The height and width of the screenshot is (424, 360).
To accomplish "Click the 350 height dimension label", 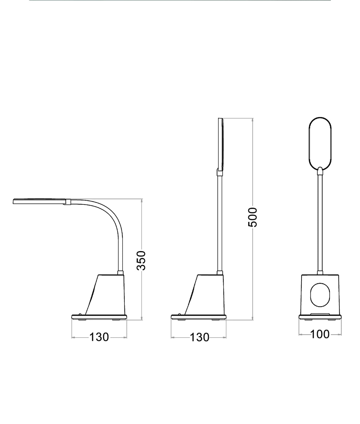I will [141, 260].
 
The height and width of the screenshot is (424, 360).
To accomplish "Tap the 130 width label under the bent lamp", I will [99, 337].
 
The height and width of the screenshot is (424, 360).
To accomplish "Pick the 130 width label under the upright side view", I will [199, 337].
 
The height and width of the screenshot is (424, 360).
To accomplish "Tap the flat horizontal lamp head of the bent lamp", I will [39, 201].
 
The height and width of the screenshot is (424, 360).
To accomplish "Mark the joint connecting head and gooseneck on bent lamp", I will [67, 202].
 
